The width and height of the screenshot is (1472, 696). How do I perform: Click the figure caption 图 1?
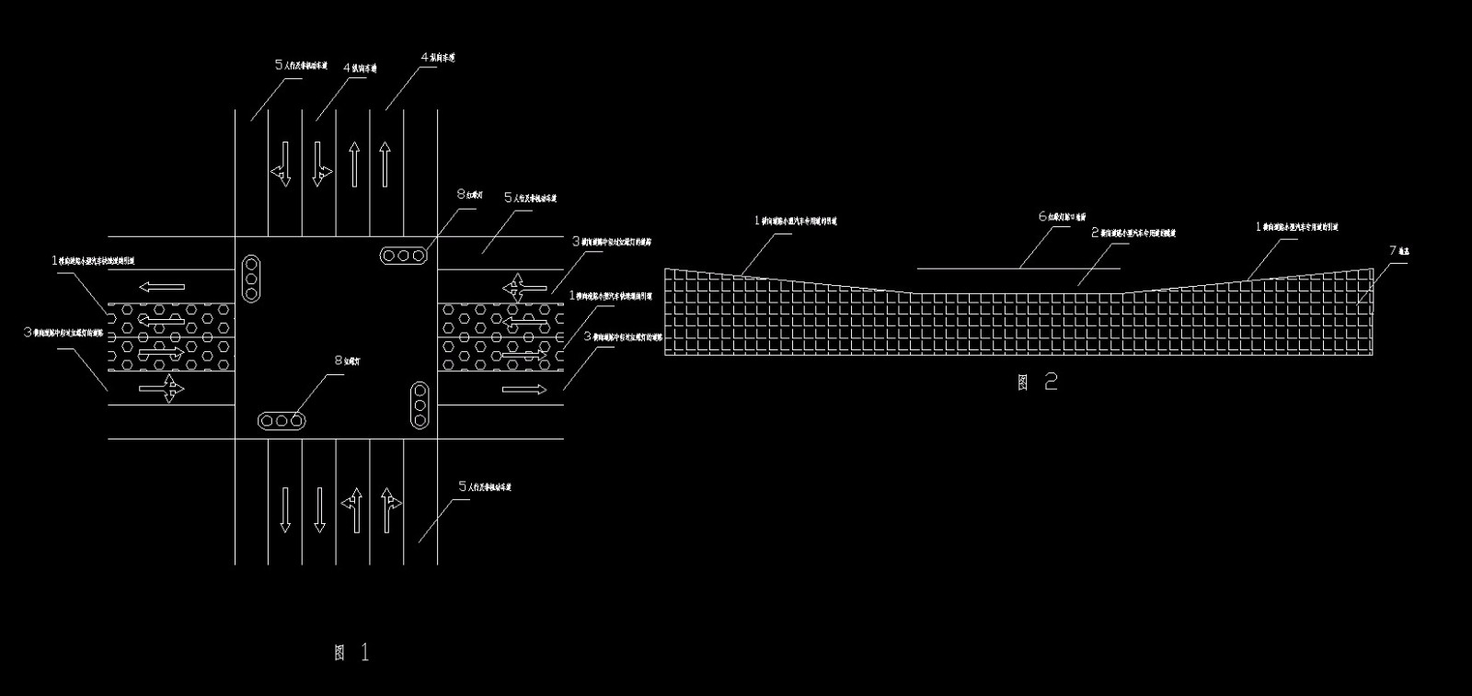352,653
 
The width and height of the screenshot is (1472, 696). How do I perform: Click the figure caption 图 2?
1038,382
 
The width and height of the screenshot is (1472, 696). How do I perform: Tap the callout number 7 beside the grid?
1392,250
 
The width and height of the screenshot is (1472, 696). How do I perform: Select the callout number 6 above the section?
1042,217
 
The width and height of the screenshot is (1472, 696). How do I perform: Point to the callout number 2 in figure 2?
1095,233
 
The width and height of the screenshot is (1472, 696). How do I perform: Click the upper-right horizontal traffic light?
404,256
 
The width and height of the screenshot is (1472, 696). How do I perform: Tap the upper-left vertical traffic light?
250,279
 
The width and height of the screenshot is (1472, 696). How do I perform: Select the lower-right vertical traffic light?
420,405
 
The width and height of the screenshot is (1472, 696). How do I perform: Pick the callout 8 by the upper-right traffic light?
461,195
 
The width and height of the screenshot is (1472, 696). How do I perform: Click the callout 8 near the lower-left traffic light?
338,361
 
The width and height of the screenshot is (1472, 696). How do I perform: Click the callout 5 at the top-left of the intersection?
279,65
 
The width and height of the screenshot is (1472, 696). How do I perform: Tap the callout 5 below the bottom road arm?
462,486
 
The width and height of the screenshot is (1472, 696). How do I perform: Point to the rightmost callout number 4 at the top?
424,58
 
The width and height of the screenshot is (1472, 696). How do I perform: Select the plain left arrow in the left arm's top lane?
163,287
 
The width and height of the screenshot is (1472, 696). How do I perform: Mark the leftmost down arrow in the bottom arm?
285,509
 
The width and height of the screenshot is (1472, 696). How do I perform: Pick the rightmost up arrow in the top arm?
386,165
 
